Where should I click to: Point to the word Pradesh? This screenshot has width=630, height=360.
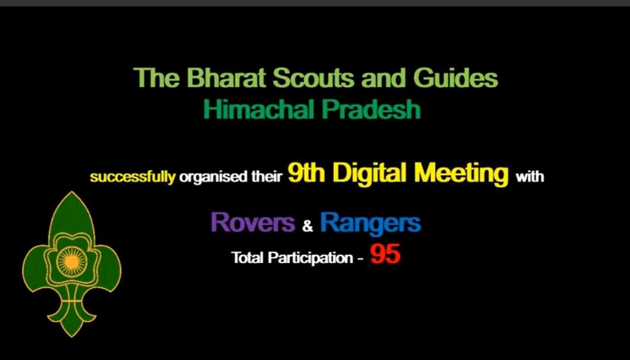point(380,110)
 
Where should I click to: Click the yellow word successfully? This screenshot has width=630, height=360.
point(133,177)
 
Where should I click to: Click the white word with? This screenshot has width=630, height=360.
point(530,176)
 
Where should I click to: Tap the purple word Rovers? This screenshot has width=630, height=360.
point(252,222)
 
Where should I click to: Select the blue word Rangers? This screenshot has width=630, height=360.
point(370,222)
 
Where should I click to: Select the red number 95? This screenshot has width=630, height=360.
point(385,254)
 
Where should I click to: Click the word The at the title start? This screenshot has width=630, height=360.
point(152,78)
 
